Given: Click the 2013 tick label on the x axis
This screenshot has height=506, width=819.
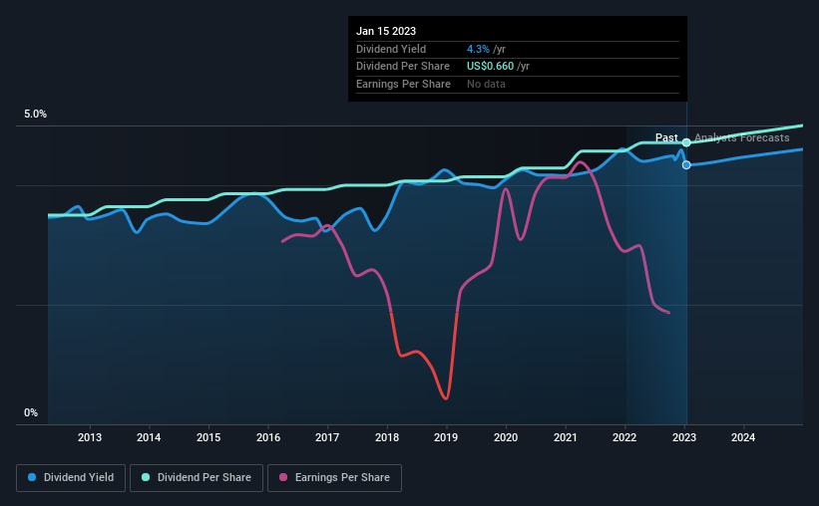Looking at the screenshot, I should pyautogui.click(x=90, y=437).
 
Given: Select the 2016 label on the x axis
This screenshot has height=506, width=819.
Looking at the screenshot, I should pyautogui.click(x=268, y=437).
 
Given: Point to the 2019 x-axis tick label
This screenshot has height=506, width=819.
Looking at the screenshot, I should pyautogui.click(x=447, y=437).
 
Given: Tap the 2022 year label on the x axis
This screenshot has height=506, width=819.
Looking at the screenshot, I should pyautogui.click(x=624, y=437).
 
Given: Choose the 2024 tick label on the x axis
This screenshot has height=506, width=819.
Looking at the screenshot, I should pyautogui.click(x=743, y=437).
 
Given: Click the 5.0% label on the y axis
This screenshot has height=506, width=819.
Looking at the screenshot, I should pyautogui.click(x=36, y=115).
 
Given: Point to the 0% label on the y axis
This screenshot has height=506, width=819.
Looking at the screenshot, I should pyautogui.click(x=31, y=412).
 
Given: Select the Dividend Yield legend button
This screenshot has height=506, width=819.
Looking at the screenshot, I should pyautogui.click(x=70, y=478).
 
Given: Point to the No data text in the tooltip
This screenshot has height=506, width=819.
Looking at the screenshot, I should pyautogui.click(x=486, y=84).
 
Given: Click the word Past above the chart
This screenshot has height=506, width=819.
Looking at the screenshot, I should pyautogui.click(x=666, y=137).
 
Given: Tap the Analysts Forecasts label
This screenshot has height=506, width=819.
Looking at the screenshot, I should pyautogui.click(x=741, y=137).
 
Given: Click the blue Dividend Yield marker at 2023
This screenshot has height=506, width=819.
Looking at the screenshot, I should pyautogui.click(x=686, y=164).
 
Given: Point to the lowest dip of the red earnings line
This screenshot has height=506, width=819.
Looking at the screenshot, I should pyautogui.click(x=446, y=398).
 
